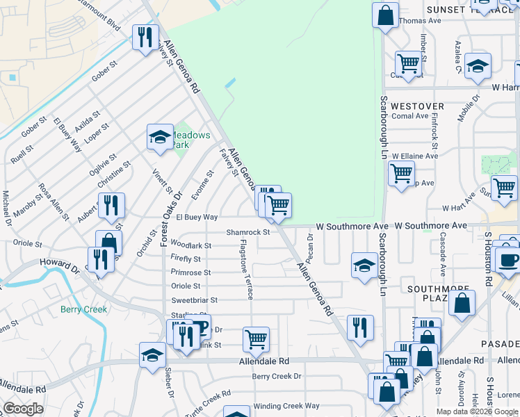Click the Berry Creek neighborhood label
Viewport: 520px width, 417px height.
click(83, 309)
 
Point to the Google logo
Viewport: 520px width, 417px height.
click(22, 409)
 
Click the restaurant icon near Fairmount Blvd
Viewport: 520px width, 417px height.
click(145, 38)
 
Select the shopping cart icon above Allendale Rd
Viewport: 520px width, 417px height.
click(256, 339)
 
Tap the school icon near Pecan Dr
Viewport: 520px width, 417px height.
click(364, 265)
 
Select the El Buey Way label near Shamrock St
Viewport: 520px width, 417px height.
click(197, 218)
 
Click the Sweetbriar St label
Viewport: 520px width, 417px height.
click(195, 300)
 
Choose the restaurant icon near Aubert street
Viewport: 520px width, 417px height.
click(111, 205)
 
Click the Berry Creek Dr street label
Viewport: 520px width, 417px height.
click(277, 376)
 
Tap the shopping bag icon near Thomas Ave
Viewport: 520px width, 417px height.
click(385, 15)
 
